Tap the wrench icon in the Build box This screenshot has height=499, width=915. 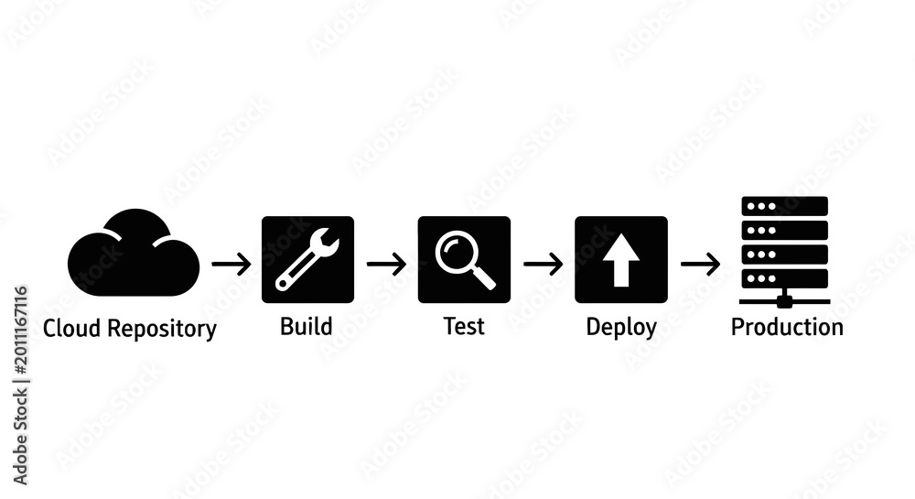click(x=307, y=260)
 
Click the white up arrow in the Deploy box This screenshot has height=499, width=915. click(x=621, y=260)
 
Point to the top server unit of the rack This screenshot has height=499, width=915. click(x=784, y=206)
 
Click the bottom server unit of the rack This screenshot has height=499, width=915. click(x=784, y=278)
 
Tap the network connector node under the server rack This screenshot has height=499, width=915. click(x=785, y=301)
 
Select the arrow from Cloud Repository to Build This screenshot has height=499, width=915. click(x=231, y=265)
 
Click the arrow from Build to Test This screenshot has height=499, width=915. click(x=386, y=264)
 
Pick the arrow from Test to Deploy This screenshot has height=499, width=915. click(x=544, y=264)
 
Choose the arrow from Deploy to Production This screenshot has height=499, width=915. click(x=700, y=265)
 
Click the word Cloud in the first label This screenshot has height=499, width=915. click(x=71, y=328)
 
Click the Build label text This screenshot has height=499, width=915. click(x=307, y=326)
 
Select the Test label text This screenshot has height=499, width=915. click(x=464, y=326)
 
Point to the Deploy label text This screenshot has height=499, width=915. click(x=621, y=328)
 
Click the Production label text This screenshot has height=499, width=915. click(x=787, y=327)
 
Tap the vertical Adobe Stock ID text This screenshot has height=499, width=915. click(x=20, y=385)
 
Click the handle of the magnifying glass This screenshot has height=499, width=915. click(x=483, y=277)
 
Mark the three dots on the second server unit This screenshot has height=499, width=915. click(x=761, y=231)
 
